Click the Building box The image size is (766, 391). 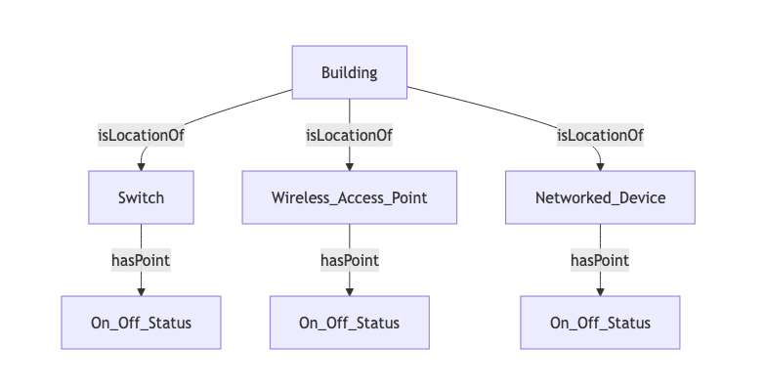pos(350,72)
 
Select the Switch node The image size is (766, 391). pos(141,197)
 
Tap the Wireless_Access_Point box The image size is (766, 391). pos(350,197)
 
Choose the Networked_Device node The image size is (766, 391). pos(600,197)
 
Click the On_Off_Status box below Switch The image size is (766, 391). pos(141,323)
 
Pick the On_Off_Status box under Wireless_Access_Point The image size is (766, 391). pos(350,323)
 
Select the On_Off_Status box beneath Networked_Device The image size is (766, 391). pos(600,323)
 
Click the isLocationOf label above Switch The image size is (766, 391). pos(141,135)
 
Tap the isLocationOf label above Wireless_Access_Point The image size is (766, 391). pos(350,135)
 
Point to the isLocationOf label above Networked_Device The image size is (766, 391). pos(600,135)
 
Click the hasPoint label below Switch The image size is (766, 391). pos(141,260)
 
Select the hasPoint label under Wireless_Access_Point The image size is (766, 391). pos(350,260)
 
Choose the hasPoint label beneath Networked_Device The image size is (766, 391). pos(600,260)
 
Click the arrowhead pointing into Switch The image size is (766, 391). pos(141,166)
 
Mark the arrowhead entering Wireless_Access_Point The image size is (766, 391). pos(350,166)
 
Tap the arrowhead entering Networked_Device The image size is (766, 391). pos(600,166)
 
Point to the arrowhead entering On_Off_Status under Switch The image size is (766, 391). pos(141,291)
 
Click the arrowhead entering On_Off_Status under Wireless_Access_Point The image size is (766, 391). pos(350,291)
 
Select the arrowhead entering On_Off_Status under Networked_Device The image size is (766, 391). pos(600,291)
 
